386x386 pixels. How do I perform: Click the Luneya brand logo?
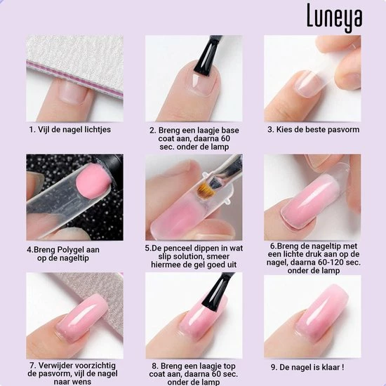pos(333,18)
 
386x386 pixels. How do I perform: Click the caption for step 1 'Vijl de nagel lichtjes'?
pos(69,130)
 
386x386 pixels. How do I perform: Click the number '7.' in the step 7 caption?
pos(32,366)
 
